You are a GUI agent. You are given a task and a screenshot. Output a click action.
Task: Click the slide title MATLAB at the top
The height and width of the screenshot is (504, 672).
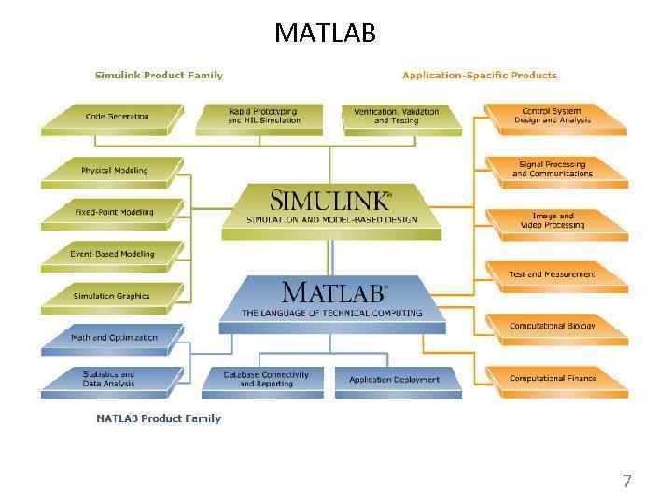pos(325,34)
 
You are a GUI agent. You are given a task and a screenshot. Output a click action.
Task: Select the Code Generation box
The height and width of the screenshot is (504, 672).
pos(117,118)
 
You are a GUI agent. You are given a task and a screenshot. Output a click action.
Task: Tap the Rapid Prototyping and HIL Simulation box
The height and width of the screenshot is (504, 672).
pos(264,116)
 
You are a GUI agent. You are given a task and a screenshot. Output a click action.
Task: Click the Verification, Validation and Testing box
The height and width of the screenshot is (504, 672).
pos(396,116)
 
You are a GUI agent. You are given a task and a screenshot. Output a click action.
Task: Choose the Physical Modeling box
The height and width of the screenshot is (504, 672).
pos(114,171)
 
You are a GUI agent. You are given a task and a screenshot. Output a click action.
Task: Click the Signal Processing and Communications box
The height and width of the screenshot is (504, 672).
pos(552,169)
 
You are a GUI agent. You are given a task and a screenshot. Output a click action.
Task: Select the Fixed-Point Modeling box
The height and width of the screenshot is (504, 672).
pos(114,213)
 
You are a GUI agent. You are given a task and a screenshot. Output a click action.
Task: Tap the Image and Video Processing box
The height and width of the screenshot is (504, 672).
pos(552,220)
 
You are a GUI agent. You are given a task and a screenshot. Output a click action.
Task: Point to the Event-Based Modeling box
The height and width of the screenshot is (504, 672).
pos(112,254)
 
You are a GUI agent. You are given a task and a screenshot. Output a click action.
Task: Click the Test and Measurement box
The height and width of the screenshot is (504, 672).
pos(552,274)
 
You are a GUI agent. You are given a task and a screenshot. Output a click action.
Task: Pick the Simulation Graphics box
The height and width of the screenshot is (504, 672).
pos(111,297)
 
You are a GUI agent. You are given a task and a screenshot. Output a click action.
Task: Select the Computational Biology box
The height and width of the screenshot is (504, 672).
pos(552,327)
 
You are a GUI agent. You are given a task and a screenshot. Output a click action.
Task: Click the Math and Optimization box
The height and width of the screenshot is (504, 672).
pos(114,338)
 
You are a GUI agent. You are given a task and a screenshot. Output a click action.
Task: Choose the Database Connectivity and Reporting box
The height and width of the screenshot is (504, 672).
pos(265,379)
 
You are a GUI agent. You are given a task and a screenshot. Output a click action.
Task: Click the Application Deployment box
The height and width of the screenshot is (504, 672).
pos(395,380)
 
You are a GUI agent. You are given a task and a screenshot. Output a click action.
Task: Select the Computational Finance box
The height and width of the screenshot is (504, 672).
pos(552,379)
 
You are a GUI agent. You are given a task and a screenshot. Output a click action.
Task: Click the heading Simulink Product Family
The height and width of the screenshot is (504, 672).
pos(159,75)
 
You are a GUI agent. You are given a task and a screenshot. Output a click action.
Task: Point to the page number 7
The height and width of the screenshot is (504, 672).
pos(627,482)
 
